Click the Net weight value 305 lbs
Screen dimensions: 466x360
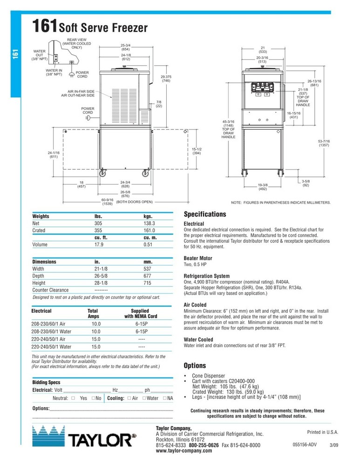click(98, 224)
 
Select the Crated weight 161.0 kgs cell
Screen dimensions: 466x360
click(149, 230)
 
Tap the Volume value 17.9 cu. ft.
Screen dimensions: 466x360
click(99, 244)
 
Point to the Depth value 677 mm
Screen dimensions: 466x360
click(148, 276)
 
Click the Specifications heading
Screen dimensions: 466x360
click(205, 214)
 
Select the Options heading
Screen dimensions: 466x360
click(194, 366)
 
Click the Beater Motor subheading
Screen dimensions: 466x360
click(198, 258)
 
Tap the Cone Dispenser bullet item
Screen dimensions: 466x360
click(208, 376)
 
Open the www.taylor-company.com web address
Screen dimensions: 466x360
click(180, 452)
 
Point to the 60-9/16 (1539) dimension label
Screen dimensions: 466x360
click(108, 202)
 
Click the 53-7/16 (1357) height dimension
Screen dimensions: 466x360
click(325, 144)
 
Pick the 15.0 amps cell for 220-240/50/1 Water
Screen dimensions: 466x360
click(96, 347)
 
